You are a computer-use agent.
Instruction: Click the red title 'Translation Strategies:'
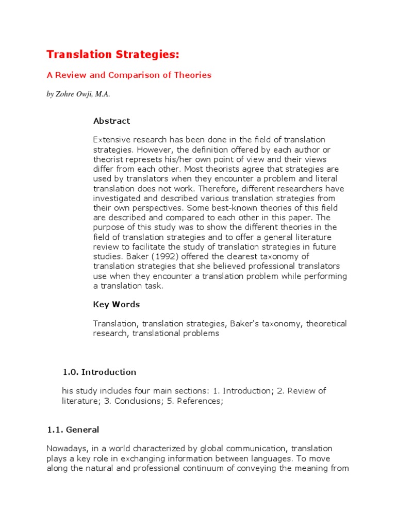pyautogui.click(x=114, y=54)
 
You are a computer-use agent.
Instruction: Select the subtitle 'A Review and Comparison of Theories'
pyautogui.click(x=129, y=75)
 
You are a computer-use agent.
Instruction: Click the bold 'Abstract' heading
pyautogui.click(x=111, y=121)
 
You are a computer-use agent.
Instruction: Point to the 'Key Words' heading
pyautogui.click(x=116, y=304)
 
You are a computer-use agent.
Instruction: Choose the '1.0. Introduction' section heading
pyautogui.click(x=99, y=372)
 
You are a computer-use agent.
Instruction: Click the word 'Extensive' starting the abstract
pyautogui.click(x=111, y=140)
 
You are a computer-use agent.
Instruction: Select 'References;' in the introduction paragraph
pyautogui.click(x=200, y=401)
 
